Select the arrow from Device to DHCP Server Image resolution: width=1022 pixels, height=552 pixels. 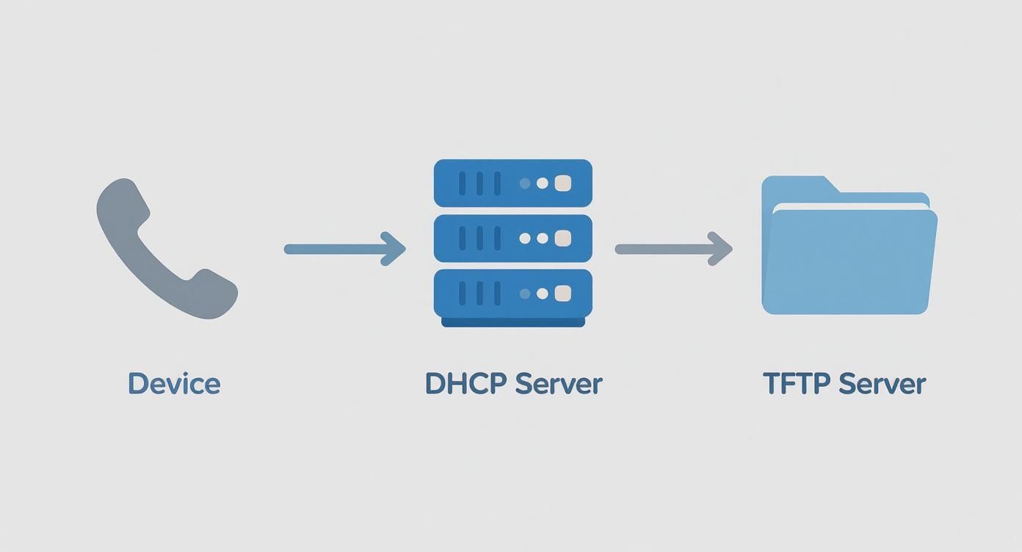click(x=338, y=249)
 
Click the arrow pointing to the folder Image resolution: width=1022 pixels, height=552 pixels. click(x=668, y=249)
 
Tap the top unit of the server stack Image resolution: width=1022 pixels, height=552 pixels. click(x=512, y=183)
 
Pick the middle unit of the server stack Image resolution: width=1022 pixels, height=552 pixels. click(x=512, y=238)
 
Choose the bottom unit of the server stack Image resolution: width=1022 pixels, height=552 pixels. click(x=512, y=293)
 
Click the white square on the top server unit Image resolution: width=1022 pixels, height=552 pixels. click(x=562, y=184)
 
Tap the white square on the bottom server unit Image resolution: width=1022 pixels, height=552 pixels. click(x=562, y=294)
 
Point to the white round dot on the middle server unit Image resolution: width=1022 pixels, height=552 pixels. click(x=543, y=239)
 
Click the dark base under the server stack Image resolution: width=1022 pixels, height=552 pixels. click(x=512, y=322)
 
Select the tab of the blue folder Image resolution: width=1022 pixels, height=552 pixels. click(x=797, y=186)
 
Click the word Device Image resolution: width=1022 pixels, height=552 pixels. click(x=174, y=384)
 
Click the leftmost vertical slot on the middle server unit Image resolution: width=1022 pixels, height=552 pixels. click(x=463, y=239)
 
